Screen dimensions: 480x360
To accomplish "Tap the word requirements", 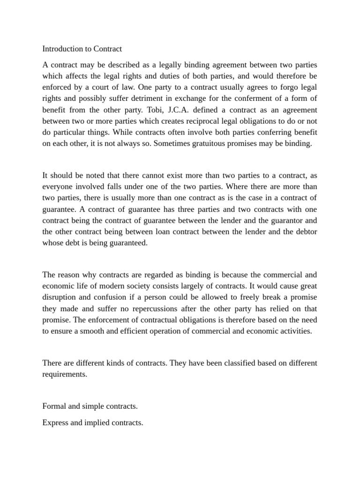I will (65, 375).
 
